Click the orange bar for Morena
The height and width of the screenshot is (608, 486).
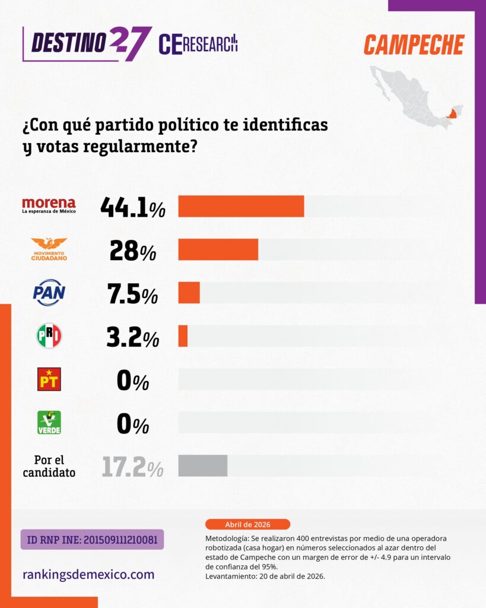(x=241, y=206)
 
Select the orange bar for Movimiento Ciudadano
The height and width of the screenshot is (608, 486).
(x=218, y=249)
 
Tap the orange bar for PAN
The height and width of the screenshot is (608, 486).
(x=189, y=293)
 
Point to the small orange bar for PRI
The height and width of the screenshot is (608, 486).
(x=183, y=336)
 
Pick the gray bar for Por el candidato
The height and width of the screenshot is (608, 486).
(x=202, y=465)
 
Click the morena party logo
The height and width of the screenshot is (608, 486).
(x=49, y=205)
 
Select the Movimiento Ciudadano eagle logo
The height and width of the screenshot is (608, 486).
(x=49, y=249)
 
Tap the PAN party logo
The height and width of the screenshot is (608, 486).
(x=49, y=293)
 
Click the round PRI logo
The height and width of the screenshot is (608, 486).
(x=49, y=336)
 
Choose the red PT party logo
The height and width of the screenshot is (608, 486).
(x=49, y=379)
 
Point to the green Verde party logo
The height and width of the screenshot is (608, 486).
(x=49, y=423)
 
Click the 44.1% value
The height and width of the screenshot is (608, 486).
(x=132, y=207)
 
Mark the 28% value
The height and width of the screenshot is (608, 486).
(x=132, y=250)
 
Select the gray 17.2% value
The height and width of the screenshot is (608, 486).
(x=132, y=467)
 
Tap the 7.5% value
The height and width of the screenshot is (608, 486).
(x=132, y=293)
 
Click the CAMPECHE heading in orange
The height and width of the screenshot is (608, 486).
(x=414, y=45)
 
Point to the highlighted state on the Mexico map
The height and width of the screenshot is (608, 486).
(x=453, y=113)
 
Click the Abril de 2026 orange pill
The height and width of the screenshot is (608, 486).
(x=247, y=524)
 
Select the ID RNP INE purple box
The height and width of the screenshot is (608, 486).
(x=92, y=539)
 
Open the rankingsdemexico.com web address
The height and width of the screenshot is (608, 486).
(x=88, y=575)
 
